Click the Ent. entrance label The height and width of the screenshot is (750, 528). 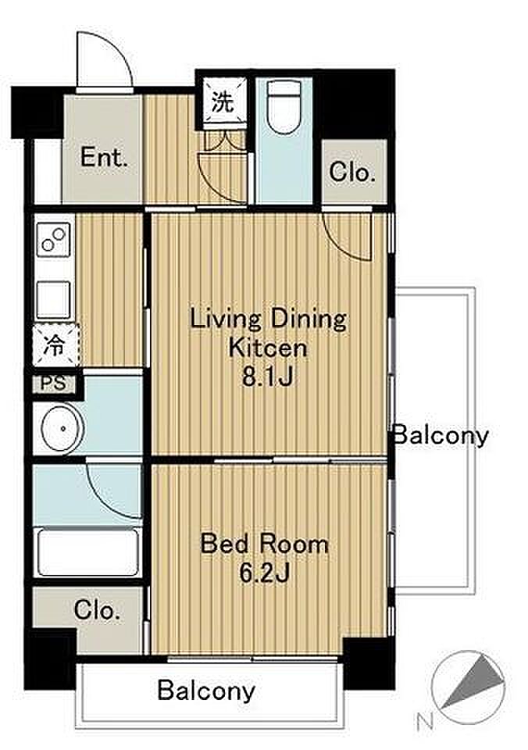[x=104, y=157]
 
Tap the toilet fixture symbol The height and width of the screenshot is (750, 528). [x=284, y=105]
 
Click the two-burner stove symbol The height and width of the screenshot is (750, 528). [x=54, y=240]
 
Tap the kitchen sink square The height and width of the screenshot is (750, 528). [x=54, y=300]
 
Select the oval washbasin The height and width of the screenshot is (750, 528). [x=62, y=429]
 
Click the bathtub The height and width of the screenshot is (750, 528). [x=88, y=552]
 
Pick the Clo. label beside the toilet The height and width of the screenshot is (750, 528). [x=352, y=172]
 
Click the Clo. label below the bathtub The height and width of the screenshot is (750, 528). [x=97, y=610]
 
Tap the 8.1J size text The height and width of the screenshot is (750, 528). [x=268, y=378]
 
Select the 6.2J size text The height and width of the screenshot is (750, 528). [x=265, y=573]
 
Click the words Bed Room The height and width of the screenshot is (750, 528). [x=265, y=545]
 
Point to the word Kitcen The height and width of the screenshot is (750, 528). [x=268, y=348]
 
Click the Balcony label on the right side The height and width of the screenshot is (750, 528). [x=441, y=435]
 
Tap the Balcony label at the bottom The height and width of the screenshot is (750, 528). [x=206, y=690]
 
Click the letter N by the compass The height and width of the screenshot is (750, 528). [x=425, y=721]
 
